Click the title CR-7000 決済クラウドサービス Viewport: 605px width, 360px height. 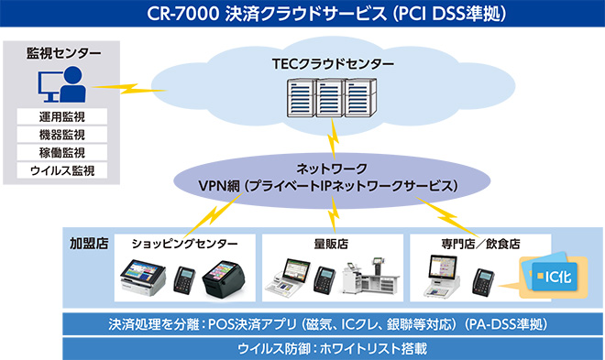[x=302, y=15]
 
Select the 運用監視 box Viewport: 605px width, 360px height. [x=63, y=117]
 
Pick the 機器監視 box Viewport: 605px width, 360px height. [x=63, y=135]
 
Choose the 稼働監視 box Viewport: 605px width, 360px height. [x=63, y=152]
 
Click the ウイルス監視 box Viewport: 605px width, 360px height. [x=63, y=170]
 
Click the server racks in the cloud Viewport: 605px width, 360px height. [x=331, y=98]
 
